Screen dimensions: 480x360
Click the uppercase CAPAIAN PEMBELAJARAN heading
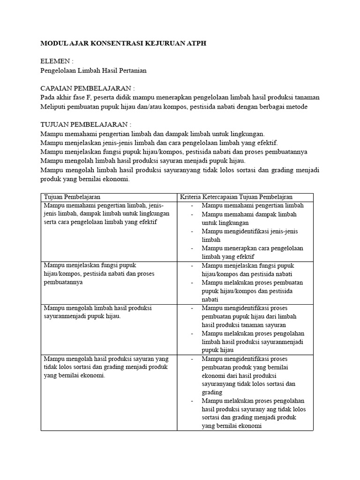88,88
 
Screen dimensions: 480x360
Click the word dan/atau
162,106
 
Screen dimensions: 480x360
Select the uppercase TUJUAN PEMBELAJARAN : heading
86,124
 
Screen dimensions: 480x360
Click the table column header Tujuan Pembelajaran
72,197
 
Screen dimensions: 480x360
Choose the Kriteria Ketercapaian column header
240,197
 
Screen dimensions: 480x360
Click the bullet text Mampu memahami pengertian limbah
253,205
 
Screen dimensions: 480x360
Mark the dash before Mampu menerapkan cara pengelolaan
192,248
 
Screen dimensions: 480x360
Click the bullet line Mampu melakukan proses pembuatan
253,283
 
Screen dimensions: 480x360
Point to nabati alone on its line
210,300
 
